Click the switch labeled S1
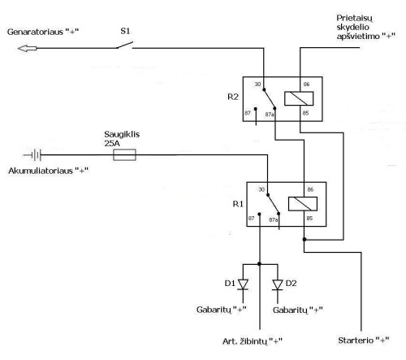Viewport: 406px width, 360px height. pos(124,46)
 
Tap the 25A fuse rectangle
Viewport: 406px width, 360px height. pos(124,154)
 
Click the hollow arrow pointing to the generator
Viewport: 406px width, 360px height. pos(27,49)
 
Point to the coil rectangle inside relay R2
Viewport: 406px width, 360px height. pos(299,98)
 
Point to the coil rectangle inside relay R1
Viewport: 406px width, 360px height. pos(303,204)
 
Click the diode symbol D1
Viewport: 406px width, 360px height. pos(243,285)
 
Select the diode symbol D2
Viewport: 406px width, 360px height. pos(278,285)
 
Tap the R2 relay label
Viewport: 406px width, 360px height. pos(233,97)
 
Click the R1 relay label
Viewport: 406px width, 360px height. pos(238,204)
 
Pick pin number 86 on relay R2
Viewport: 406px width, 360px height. pos(306,85)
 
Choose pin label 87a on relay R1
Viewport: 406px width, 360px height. pos(274,220)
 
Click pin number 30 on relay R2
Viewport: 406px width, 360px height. pos(257,85)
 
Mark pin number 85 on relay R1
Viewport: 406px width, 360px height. pos(309,219)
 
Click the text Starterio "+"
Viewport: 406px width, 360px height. pos(364,340)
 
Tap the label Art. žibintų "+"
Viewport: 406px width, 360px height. pos(253,341)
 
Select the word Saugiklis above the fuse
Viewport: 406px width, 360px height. pos(122,134)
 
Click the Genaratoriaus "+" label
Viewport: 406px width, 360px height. pos(43,32)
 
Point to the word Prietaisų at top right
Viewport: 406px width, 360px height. pos(354,19)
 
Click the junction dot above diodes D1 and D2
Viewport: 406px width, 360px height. pos(259,264)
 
